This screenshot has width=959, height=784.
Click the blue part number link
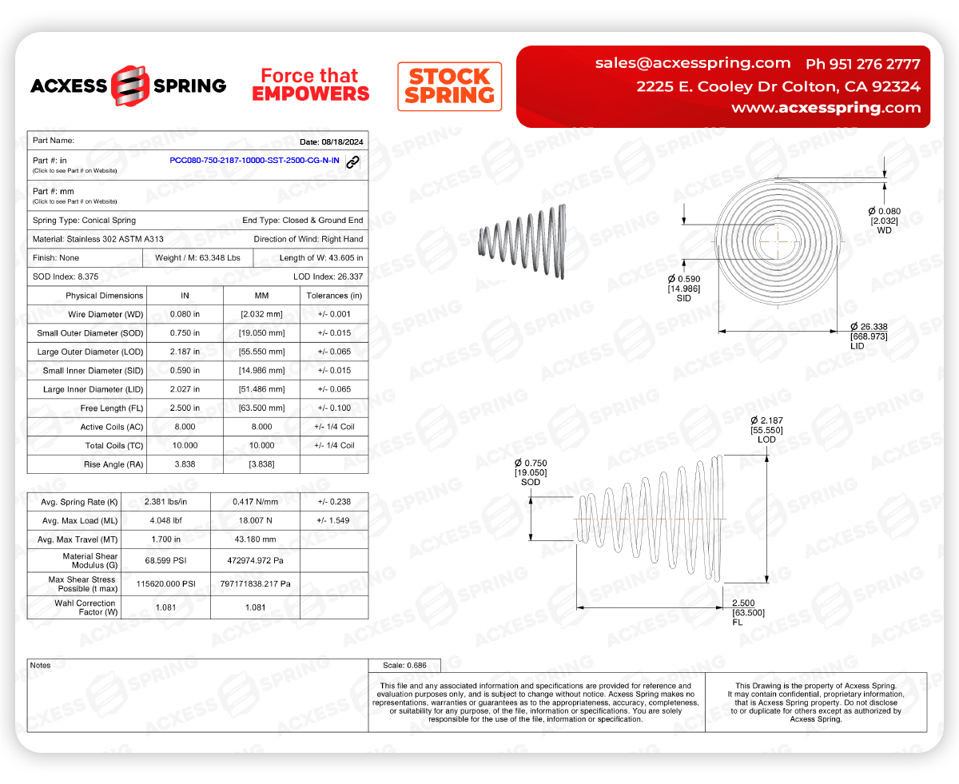click(254, 161)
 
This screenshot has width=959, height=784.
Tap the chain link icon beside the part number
click(352, 161)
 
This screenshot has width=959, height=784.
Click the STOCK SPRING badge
click(449, 86)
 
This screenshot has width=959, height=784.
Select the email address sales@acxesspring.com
click(692, 63)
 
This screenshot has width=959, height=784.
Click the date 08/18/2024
click(331, 141)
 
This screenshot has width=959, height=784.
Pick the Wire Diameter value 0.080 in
click(185, 315)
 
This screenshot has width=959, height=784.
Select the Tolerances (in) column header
click(333, 296)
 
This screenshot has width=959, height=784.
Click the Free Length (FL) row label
click(112, 408)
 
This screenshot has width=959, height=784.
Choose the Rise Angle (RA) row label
click(113, 464)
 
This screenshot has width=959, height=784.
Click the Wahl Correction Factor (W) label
click(86, 607)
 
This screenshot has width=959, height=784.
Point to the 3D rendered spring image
click(523, 239)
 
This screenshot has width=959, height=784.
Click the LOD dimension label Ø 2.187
click(766, 420)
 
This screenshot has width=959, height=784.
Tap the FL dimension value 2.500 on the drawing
click(743, 603)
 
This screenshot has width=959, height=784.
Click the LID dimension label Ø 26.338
click(868, 327)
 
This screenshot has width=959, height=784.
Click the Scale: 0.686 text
click(404, 665)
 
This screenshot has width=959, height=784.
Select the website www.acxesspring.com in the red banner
click(826, 108)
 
